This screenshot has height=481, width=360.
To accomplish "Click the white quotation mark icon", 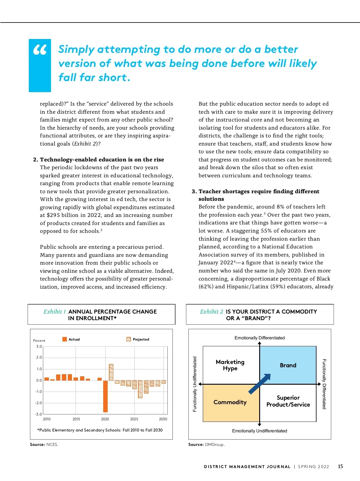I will (40, 50).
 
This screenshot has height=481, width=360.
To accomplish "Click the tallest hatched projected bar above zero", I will (111, 372).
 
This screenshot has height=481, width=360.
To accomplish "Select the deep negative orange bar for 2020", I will (105, 396).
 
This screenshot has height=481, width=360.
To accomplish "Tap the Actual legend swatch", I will (64, 339).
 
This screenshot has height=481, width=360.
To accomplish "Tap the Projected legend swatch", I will (128, 339).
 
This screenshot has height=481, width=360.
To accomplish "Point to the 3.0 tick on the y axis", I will (39, 347).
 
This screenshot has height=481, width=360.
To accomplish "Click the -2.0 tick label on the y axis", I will (39, 403).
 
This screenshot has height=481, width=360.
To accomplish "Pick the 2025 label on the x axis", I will (134, 419).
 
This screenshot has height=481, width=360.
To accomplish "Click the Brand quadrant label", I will (288, 365).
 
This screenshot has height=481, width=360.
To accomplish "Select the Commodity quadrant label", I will (230, 402).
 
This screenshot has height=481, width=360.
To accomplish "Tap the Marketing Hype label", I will (230, 365).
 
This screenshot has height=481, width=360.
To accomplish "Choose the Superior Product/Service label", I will (288, 401).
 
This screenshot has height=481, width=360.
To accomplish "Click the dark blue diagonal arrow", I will (259, 384).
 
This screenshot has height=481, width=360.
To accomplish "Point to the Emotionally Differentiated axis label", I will (259, 338).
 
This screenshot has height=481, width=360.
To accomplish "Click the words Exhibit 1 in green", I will (54, 311).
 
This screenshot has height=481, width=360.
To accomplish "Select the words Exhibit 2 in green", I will (211, 311).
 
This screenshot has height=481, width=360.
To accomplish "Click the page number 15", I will (340, 466).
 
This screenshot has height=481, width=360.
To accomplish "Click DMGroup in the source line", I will (214, 444).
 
